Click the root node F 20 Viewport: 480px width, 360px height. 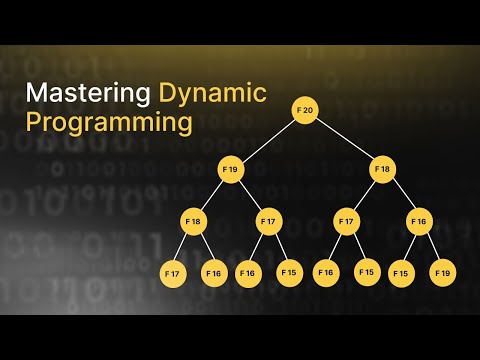tap(306, 110)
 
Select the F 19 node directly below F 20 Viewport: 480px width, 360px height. tap(231, 169)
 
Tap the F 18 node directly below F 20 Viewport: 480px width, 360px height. tap(382, 169)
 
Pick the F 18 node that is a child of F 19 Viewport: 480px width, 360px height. tap(193, 220)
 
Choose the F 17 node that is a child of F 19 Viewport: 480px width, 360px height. tap(268, 220)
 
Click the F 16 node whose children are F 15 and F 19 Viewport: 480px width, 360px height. tap(420, 220)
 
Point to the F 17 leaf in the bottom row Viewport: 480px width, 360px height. tap(174, 271)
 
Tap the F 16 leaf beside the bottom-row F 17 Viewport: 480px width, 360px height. tap(213, 271)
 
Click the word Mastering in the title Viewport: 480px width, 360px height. tap(88, 94)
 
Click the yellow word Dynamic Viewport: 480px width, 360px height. tap(212, 94)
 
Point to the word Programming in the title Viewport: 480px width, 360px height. tap(109, 123)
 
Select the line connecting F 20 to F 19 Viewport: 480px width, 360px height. tap(268, 140)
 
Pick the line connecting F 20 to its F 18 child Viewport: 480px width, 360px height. tap(344, 140)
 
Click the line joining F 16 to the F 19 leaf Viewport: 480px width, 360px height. tap(431, 246)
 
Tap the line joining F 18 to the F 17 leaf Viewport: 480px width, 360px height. tap(183, 246)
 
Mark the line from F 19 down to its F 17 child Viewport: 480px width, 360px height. tap(250, 195)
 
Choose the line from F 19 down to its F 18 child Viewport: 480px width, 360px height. tap(212, 195)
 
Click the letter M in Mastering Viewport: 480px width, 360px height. tap(37, 94)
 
